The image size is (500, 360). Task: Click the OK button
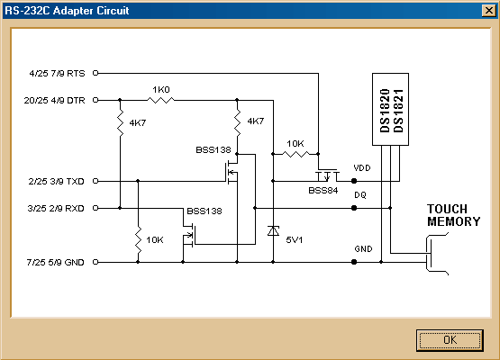click(450, 339)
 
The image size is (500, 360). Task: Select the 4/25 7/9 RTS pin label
click(58, 73)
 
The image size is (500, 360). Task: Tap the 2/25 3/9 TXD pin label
click(58, 181)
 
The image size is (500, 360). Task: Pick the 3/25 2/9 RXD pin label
click(58, 208)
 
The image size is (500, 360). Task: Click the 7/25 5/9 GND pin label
click(58, 262)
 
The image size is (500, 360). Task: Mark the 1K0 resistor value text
click(160, 90)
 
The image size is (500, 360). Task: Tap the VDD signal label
click(362, 168)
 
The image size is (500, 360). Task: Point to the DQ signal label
click(359, 194)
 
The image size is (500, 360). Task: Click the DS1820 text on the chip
click(385, 112)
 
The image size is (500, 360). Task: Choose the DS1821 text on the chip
click(399, 112)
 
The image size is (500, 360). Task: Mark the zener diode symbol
click(273, 231)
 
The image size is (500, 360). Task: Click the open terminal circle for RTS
click(96, 73)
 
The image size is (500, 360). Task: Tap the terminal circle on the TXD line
click(96, 181)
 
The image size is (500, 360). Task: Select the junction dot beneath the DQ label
click(354, 208)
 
